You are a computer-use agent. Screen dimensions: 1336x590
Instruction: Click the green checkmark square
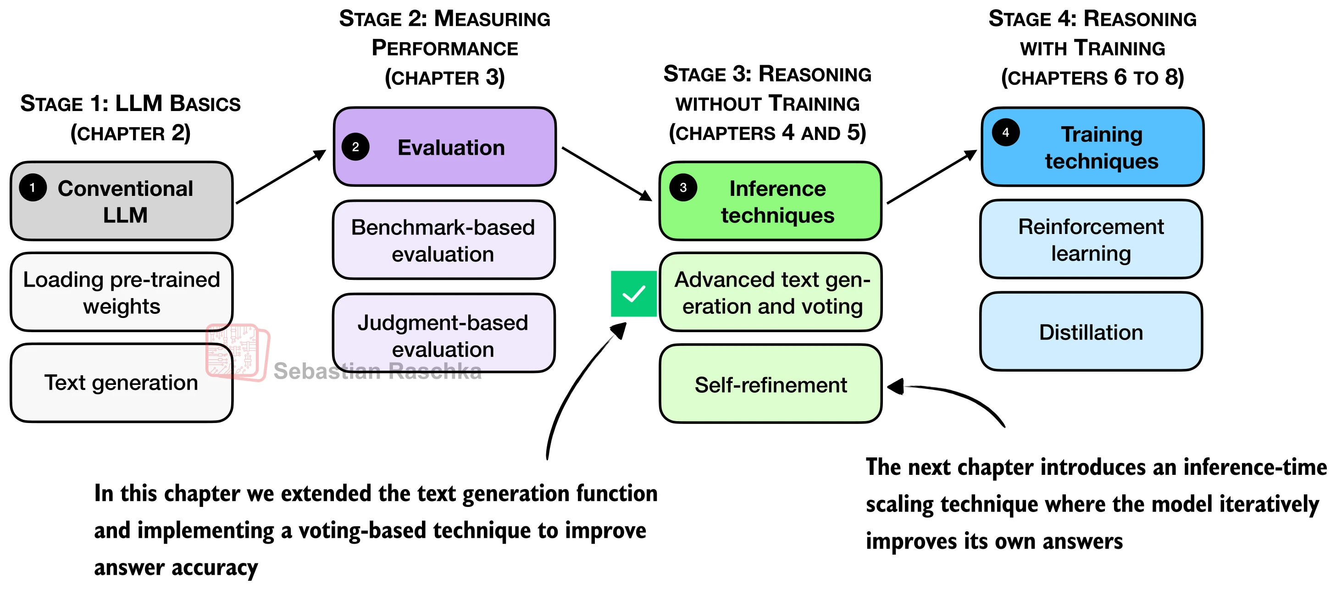(x=633, y=294)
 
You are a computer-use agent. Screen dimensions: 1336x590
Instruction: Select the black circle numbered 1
(x=33, y=188)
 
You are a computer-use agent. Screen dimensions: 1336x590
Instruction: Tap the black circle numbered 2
(x=355, y=147)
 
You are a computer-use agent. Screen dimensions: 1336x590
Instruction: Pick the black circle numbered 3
(x=683, y=187)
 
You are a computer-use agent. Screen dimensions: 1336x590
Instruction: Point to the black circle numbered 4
(x=1006, y=132)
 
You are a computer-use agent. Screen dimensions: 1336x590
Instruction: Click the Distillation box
(x=1091, y=332)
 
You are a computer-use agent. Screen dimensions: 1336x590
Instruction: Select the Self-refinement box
(x=770, y=384)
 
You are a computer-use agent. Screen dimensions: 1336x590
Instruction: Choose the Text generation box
(x=122, y=383)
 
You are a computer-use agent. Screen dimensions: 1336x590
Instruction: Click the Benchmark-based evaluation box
(x=443, y=240)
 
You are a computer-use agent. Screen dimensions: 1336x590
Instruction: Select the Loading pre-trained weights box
(x=122, y=292)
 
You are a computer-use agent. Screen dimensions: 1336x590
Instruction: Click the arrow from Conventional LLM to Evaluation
(x=281, y=177)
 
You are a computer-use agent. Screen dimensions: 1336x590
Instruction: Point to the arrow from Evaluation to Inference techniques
(x=607, y=174)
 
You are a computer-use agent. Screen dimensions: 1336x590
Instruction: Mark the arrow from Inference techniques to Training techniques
(x=932, y=177)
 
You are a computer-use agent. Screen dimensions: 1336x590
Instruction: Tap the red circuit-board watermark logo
(x=238, y=353)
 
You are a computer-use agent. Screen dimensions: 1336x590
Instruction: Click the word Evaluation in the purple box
(x=451, y=148)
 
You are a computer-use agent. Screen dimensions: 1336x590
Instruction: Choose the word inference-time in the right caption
(x=1266, y=468)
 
